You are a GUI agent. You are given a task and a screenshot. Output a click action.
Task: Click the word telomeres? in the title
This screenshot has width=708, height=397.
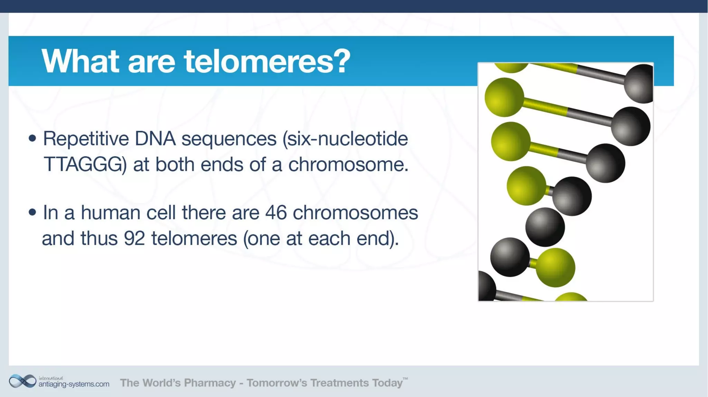(267, 61)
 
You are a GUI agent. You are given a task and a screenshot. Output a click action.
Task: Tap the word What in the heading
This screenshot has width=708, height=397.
(80, 61)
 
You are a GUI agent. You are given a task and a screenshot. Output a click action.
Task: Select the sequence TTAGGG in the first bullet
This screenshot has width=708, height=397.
(83, 164)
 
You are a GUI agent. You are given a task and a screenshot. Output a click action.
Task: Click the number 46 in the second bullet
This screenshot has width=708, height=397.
(276, 212)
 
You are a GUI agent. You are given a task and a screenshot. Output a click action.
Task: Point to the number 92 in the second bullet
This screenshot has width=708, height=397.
(134, 238)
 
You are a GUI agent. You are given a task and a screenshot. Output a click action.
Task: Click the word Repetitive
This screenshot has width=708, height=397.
(86, 139)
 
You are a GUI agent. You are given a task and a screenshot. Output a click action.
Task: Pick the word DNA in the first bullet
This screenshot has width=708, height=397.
(155, 139)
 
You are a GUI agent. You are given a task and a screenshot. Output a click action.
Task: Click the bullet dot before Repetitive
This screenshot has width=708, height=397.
(32, 138)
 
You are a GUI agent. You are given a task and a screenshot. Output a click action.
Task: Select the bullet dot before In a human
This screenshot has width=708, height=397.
(32, 212)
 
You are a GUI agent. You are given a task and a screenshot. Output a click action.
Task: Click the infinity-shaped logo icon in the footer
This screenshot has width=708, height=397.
(22, 381)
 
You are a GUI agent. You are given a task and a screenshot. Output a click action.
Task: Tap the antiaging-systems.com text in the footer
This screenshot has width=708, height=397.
(74, 384)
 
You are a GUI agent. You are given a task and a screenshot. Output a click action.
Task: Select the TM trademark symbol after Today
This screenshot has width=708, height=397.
(405, 379)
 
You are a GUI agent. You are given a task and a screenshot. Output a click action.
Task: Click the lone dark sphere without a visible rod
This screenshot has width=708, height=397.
(545, 227)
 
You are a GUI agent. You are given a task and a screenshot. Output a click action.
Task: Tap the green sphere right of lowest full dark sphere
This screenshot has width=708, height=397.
(555, 268)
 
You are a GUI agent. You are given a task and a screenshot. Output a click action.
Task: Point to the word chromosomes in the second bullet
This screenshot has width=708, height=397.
(355, 212)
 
